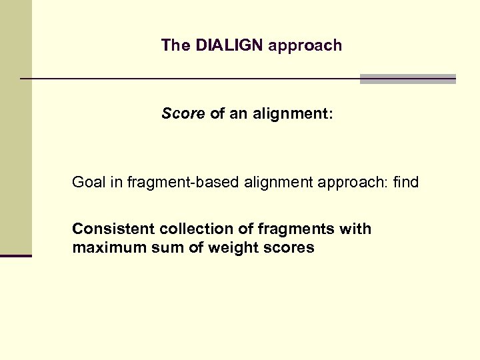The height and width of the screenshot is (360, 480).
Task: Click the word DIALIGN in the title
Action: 230,45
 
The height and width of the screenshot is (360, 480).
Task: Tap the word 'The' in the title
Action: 175,45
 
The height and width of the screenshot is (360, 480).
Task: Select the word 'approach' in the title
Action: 306,45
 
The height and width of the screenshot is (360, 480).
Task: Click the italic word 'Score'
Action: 183,114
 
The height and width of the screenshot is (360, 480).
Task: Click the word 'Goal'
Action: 89,182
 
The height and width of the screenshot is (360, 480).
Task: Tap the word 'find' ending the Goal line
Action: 406,182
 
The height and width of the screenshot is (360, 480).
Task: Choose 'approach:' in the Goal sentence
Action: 357,182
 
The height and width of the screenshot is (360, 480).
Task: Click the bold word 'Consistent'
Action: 113,229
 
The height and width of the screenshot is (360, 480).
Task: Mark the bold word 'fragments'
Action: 297,229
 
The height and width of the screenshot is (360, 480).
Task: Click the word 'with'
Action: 355,229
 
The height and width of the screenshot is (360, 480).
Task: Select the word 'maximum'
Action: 103,249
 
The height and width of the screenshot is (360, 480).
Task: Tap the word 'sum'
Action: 155,249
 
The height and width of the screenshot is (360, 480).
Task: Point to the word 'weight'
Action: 225,249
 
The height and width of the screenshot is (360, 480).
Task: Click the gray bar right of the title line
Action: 407,79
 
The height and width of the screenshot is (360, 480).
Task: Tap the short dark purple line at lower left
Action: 16,255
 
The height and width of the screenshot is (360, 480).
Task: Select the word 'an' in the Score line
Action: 238,114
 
